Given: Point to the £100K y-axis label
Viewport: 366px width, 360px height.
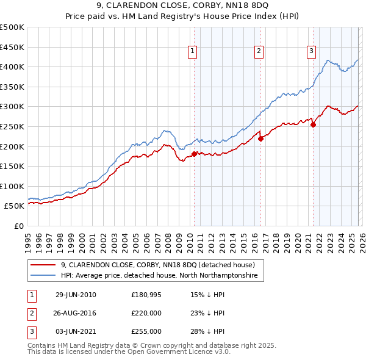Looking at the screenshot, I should click(12, 186).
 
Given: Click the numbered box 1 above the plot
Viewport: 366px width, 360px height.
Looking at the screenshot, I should click(193, 51).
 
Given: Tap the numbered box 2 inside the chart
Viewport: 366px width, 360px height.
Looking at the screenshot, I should click(259, 51).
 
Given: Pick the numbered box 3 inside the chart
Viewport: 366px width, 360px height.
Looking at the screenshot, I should click(311, 51).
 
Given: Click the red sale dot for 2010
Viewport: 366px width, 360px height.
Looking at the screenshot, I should click(195, 154).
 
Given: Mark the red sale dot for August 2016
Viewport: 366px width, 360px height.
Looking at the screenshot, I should click(260, 139).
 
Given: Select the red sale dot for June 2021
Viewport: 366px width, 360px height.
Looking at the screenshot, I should click(314, 124).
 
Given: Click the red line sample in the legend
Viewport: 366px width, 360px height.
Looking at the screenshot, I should click(44, 265).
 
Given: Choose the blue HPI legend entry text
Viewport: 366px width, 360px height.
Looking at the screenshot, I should click(159, 276).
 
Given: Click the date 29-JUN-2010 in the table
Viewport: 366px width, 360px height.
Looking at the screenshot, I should click(76, 295).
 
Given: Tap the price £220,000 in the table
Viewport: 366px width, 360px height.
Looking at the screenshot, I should click(146, 313).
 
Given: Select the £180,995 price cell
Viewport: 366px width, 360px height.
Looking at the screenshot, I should click(146, 295).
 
